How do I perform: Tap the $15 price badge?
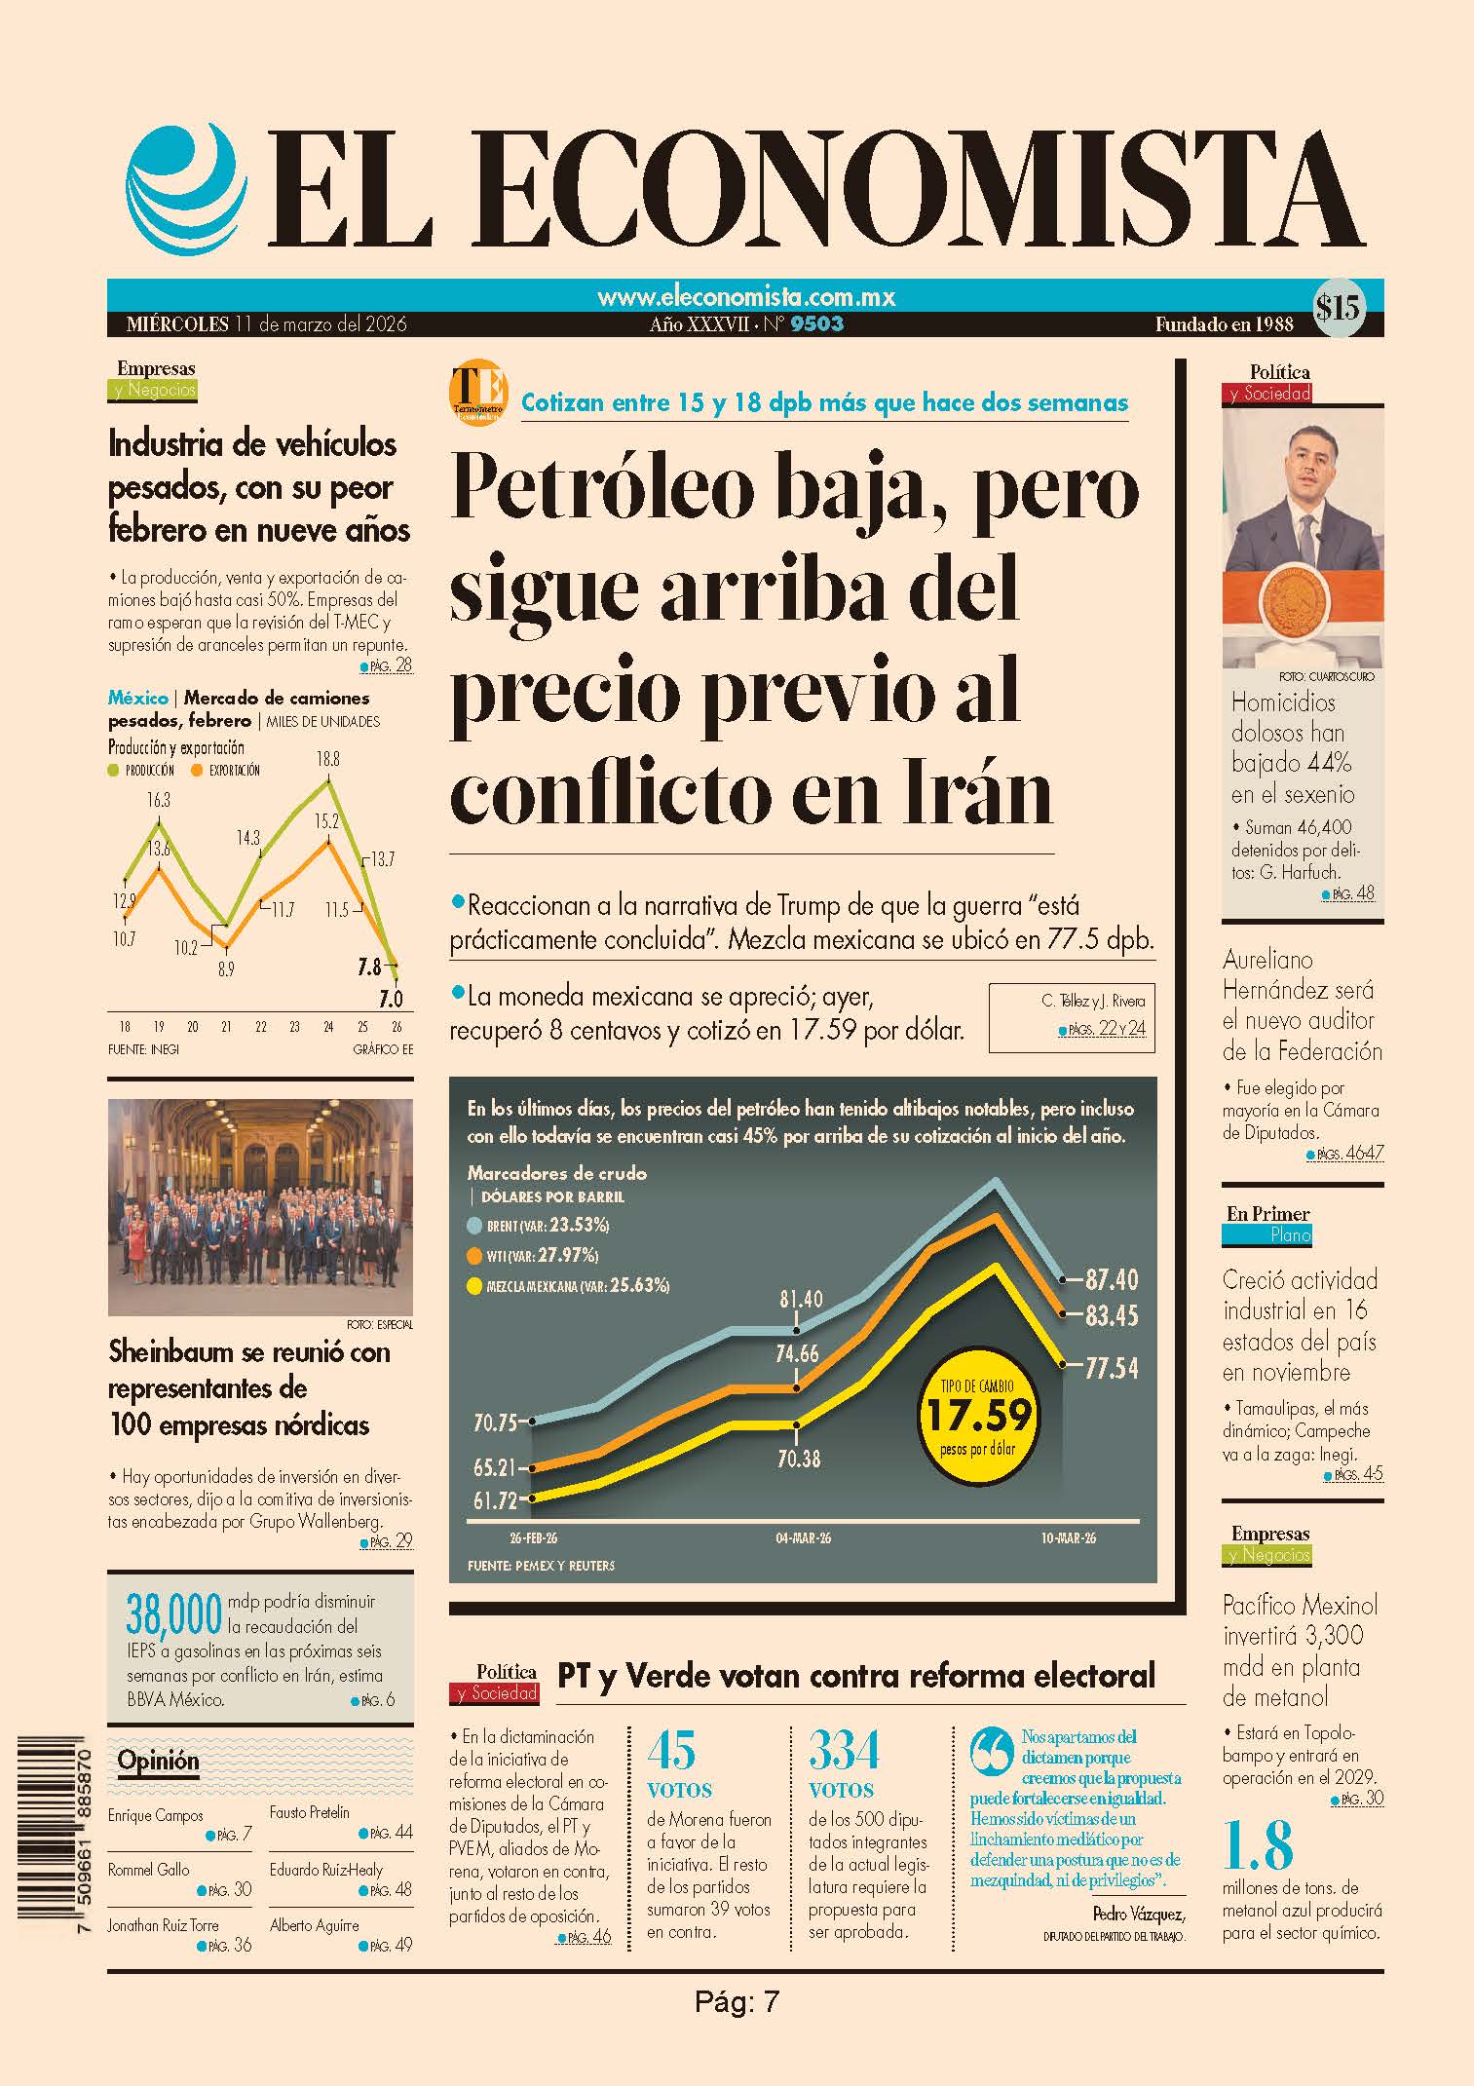point(1337,309)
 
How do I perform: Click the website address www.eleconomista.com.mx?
point(746,296)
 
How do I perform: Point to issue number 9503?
point(817,324)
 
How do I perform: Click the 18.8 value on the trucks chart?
point(328,758)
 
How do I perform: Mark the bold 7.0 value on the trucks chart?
point(391,999)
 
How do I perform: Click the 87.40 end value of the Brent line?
point(1112,1279)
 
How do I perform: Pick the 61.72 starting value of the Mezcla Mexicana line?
point(496,1500)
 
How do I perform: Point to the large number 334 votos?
point(844,1750)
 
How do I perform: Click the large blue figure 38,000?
point(174,1614)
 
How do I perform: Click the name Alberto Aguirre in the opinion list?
point(315,1924)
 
